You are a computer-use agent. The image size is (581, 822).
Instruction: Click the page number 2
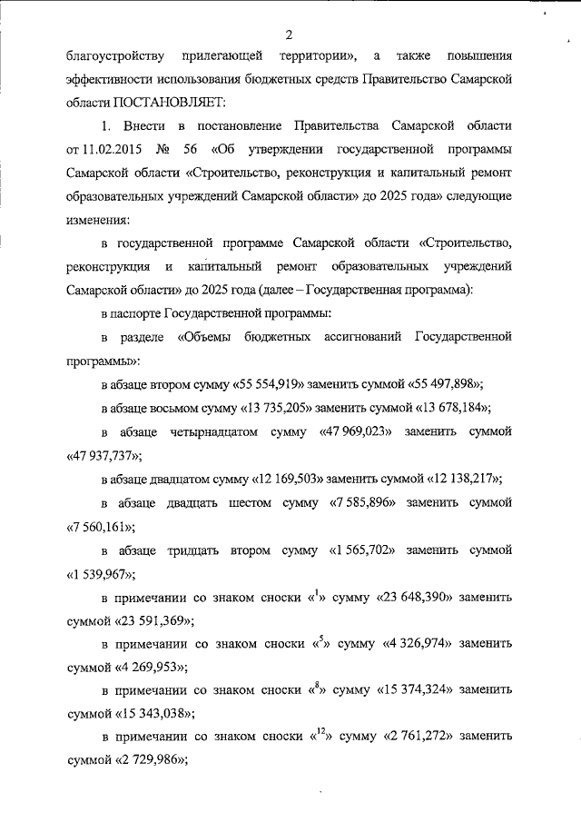coord(289,35)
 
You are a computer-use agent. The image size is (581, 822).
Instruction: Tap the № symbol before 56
coord(169,147)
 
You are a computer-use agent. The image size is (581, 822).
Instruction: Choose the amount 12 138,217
coord(461,479)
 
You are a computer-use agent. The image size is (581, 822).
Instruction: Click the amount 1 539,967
coord(101,574)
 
